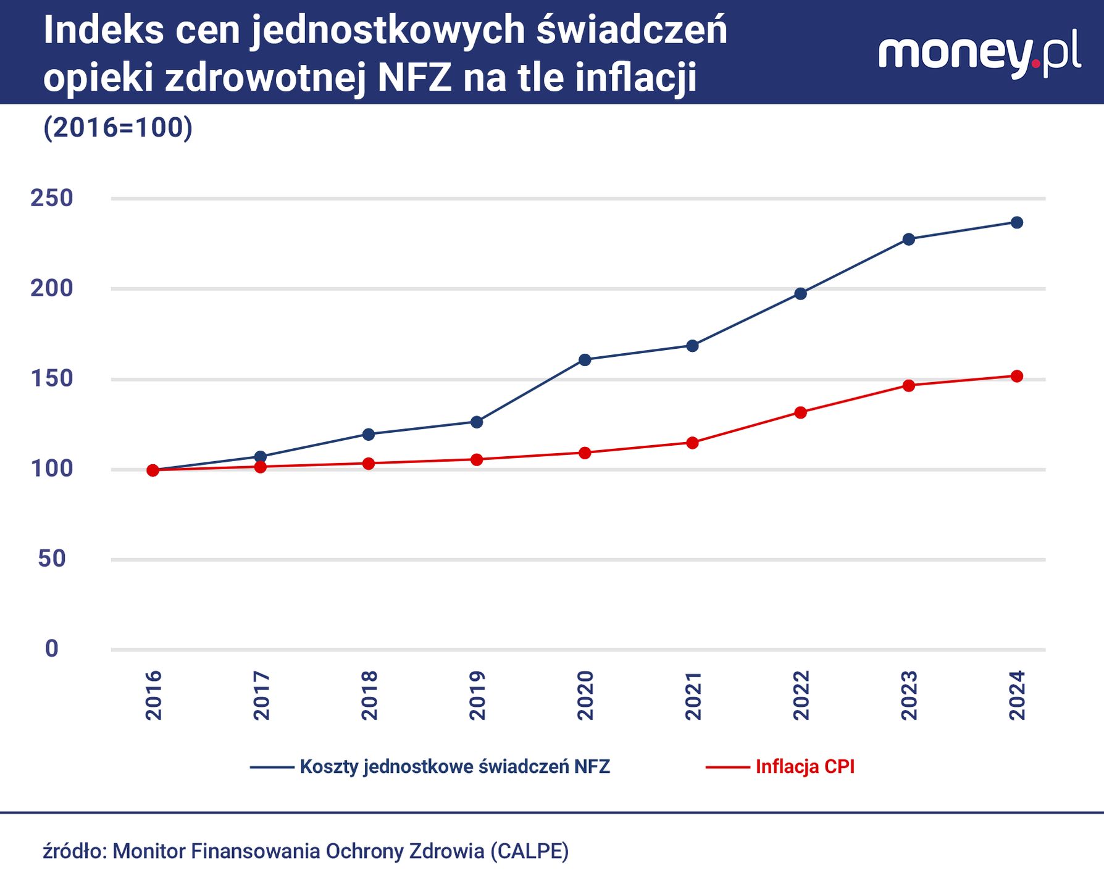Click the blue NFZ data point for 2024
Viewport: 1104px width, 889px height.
pos(1016,222)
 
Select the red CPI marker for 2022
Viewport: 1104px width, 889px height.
pos(800,412)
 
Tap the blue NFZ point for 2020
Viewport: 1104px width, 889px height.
pos(585,360)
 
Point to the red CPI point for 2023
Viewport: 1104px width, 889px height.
pos(908,386)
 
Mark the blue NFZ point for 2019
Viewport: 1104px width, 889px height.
pos(477,422)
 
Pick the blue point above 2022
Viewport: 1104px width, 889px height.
pos(800,294)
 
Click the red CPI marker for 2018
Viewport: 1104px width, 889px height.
pos(369,464)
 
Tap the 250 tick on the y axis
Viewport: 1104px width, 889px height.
pos(52,198)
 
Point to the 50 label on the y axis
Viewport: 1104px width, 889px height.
pos(52,559)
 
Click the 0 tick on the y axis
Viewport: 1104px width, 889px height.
pos(52,649)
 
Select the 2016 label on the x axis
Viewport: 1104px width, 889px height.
pos(153,695)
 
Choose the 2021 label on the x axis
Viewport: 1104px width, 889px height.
pos(693,695)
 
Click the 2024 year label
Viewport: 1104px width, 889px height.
pos(1016,695)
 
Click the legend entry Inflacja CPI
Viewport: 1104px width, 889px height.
pos(805,767)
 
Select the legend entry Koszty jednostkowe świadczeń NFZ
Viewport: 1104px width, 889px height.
pos(454,767)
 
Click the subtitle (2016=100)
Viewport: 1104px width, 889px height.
pos(118,128)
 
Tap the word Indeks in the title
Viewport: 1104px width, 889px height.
pos(104,30)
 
